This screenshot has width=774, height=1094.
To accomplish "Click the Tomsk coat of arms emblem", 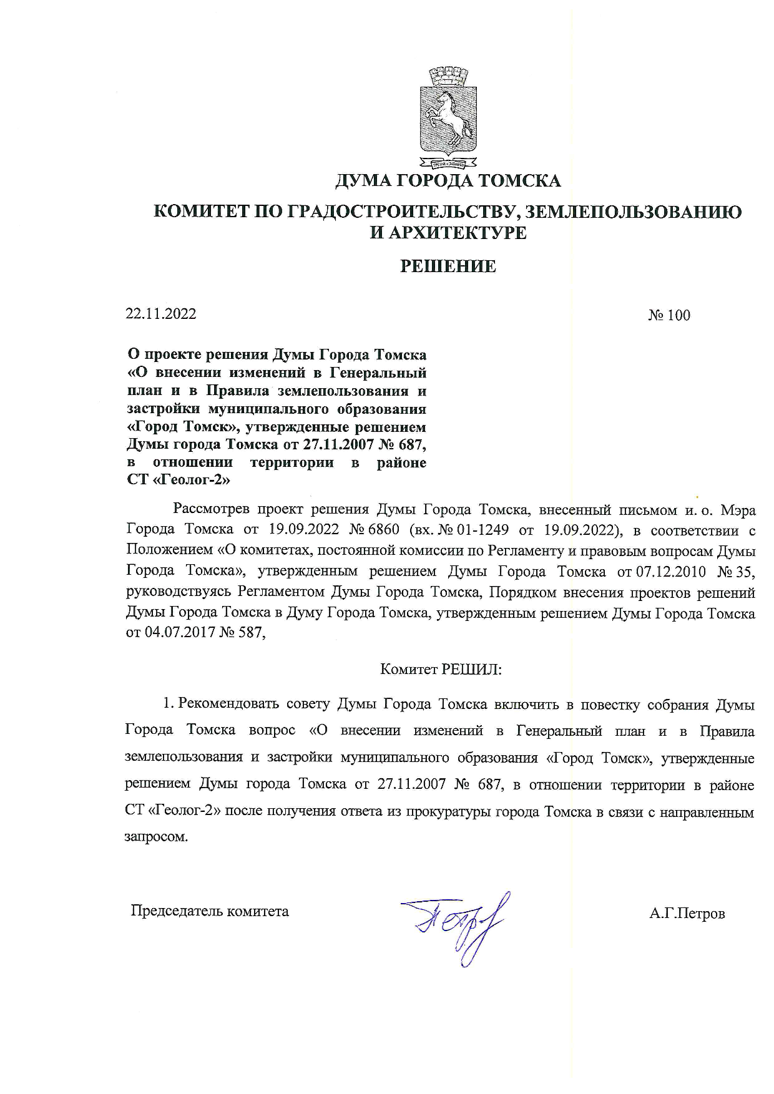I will pyautogui.click(x=448, y=119).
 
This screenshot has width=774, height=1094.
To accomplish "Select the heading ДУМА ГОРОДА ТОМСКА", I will pyautogui.click(x=448, y=181).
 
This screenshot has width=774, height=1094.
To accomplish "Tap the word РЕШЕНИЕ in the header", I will pyautogui.click(x=448, y=267).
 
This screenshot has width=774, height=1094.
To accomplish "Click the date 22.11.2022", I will pyautogui.click(x=161, y=314).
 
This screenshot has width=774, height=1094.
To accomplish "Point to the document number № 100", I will pyautogui.click(x=669, y=316).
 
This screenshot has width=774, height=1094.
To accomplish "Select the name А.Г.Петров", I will pyautogui.click(x=687, y=914).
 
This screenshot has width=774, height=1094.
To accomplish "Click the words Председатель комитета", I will pyautogui.click(x=210, y=911).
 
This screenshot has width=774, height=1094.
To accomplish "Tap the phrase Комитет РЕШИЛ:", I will pyautogui.click(x=441, y=670).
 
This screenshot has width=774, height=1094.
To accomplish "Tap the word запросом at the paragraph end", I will pyautogui.click(x=156, y=837).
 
